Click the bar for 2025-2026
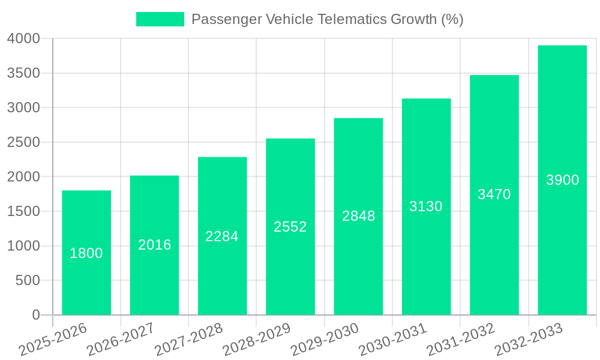pos(86,282)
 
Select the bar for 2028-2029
pos(290,270)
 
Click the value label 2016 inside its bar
pos(154,245)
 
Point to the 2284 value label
pos(222,236)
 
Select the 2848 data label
pos(358,217)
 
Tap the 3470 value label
pos(494,194)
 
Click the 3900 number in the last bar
pos(562,180)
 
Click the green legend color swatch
pos(160,19)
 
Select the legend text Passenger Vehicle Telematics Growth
pos(327,19)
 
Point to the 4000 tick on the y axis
pos(23,39)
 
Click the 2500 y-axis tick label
pos(23,143)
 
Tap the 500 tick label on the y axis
pos(28,281)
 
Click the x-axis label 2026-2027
pos(121,340)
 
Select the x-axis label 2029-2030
pos(325,340)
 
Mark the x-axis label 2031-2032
pos(460,340)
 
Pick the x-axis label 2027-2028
pos(188,340)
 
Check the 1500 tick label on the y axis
pos(23,212)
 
